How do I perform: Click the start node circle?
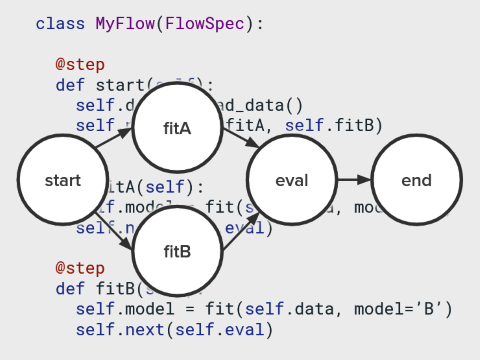point(63,181)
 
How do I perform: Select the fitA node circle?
point(177,127)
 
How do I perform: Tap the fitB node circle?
point(177,251)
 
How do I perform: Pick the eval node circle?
point(291,181)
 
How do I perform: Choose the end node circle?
point(416,181)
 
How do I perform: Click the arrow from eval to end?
point(354,181)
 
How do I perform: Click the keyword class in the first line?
point(59,22)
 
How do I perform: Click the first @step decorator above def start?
point(79,65)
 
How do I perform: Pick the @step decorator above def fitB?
point(79,269)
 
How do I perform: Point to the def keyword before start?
point(69,86)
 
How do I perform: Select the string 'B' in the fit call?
point(432,310)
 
